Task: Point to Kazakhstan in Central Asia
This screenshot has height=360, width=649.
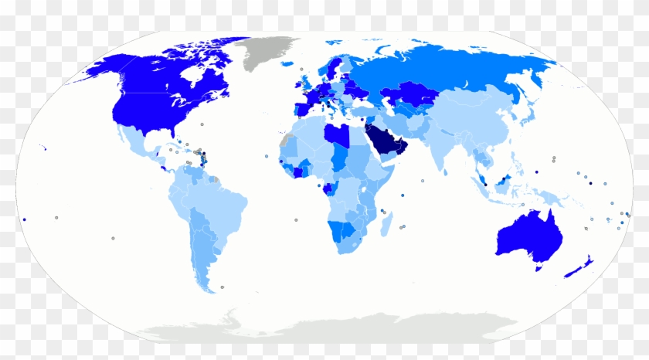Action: click(x=409, y=96)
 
